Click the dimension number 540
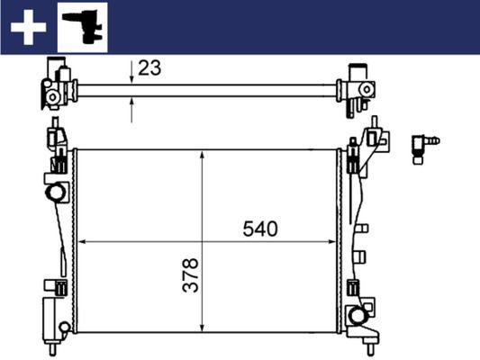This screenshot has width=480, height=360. tap(259, 229)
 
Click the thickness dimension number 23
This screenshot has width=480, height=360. tap(149, 67)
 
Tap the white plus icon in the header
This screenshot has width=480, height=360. tap(27, 27)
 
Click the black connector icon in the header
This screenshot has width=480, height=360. tap(82, 26)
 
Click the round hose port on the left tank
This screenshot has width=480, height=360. tap(56, 193)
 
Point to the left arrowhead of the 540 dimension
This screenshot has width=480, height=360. tap(83, 241)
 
